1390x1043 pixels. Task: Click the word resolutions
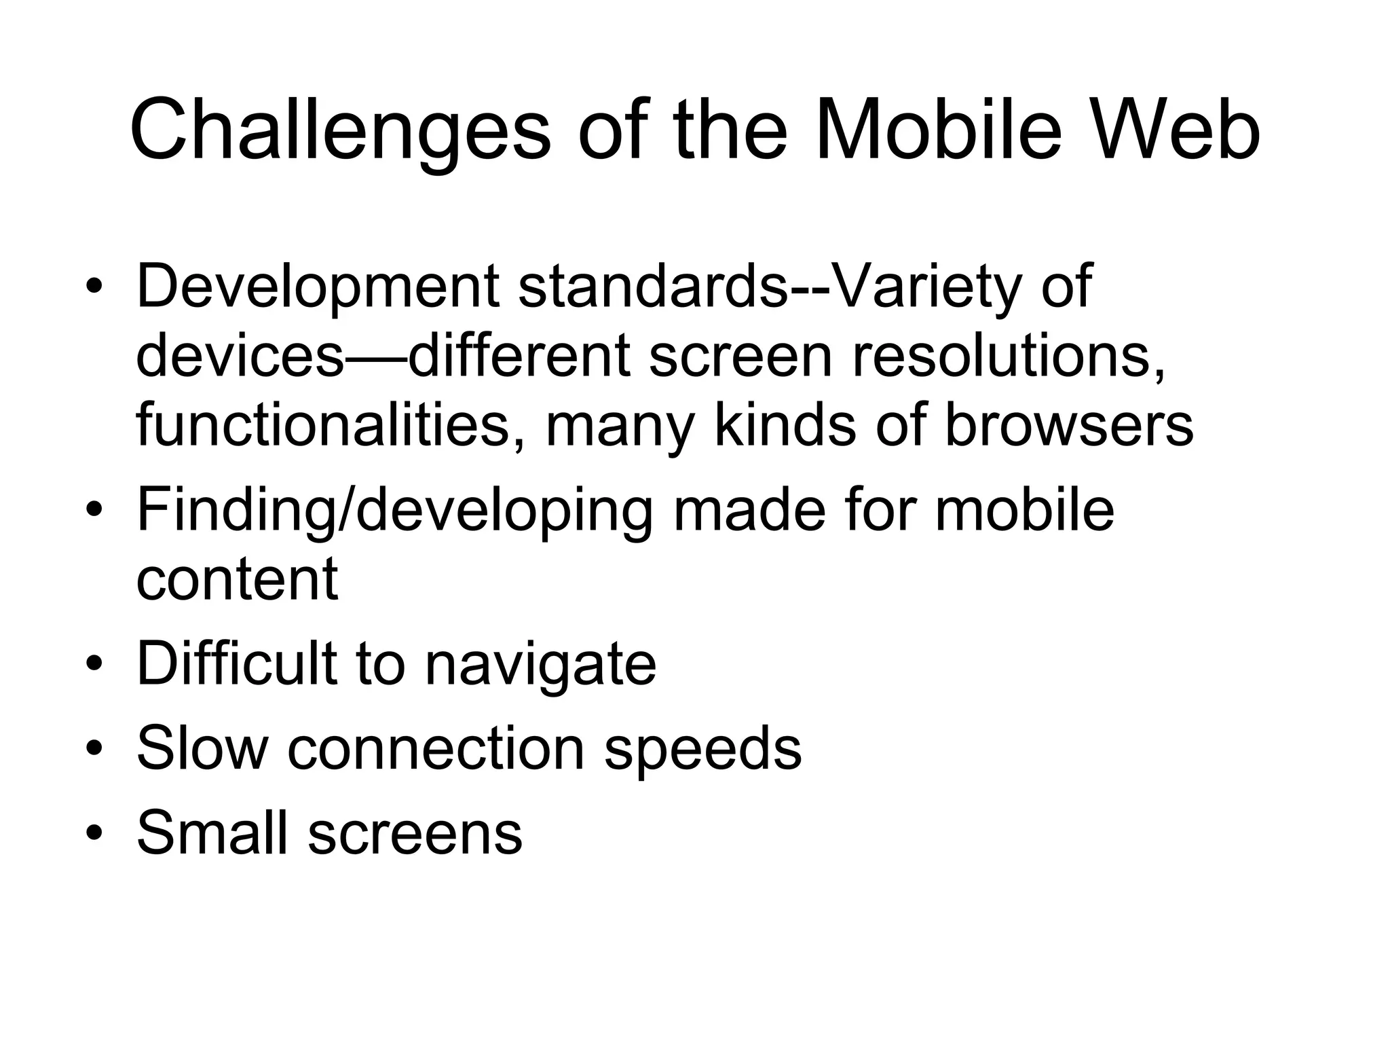1008,356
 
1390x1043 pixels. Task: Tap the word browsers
1068,425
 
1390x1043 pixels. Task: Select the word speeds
702,750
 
